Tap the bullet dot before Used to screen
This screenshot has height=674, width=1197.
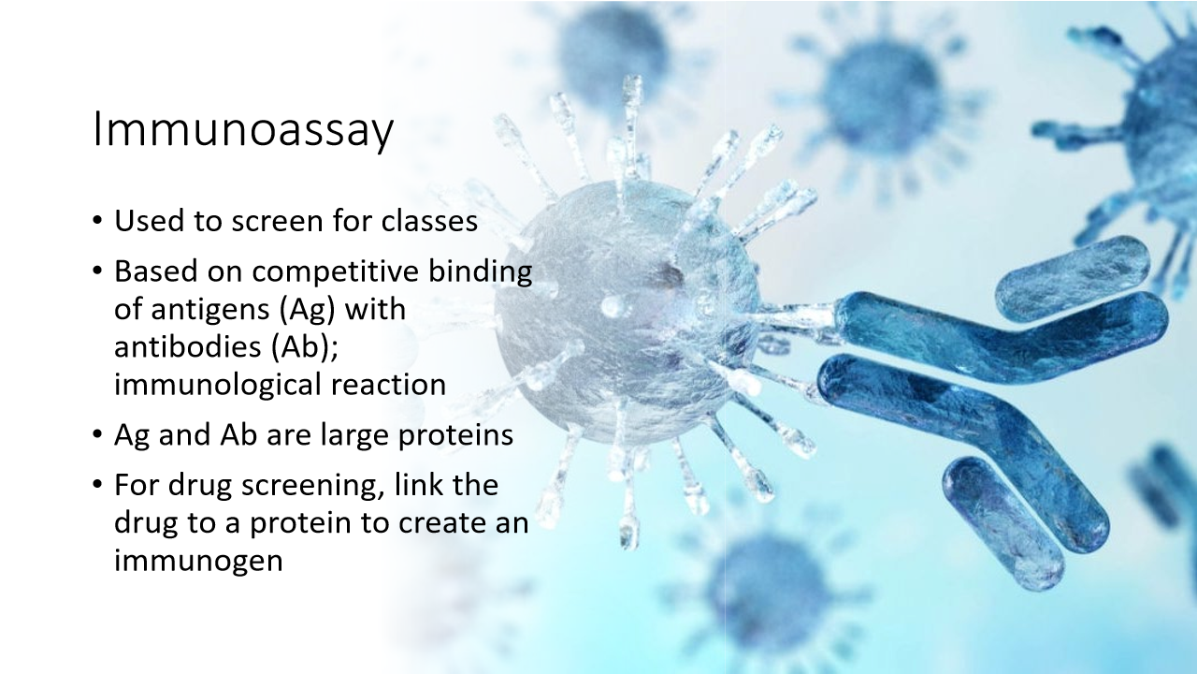pyautogui.click(x=99, y=224)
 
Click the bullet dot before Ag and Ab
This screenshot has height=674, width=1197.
pyautogui.click(x=99, y=436)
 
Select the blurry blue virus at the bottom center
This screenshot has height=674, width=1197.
pyautogui.click(x=767, y=590)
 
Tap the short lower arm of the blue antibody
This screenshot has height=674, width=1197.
pyautogui.click(x=1002, y=520)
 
